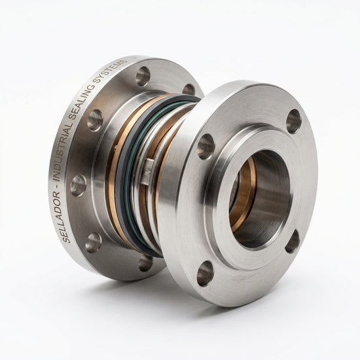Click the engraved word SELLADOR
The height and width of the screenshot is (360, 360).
pyautogui.click(x=60, y=216)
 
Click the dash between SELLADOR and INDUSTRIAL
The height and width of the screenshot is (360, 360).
pyautogui.click(x=58, y=185)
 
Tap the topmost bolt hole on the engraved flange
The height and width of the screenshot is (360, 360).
pyautogui.click(x=143, y=76)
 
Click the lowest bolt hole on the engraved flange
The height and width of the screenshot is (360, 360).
pyautogui.click(x=145, y=262)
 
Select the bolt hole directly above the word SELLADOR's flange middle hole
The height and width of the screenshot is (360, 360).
pyautogui.click(x=94, y=120)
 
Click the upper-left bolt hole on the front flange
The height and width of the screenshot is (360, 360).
pyautogui.click(x=206, y=147)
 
